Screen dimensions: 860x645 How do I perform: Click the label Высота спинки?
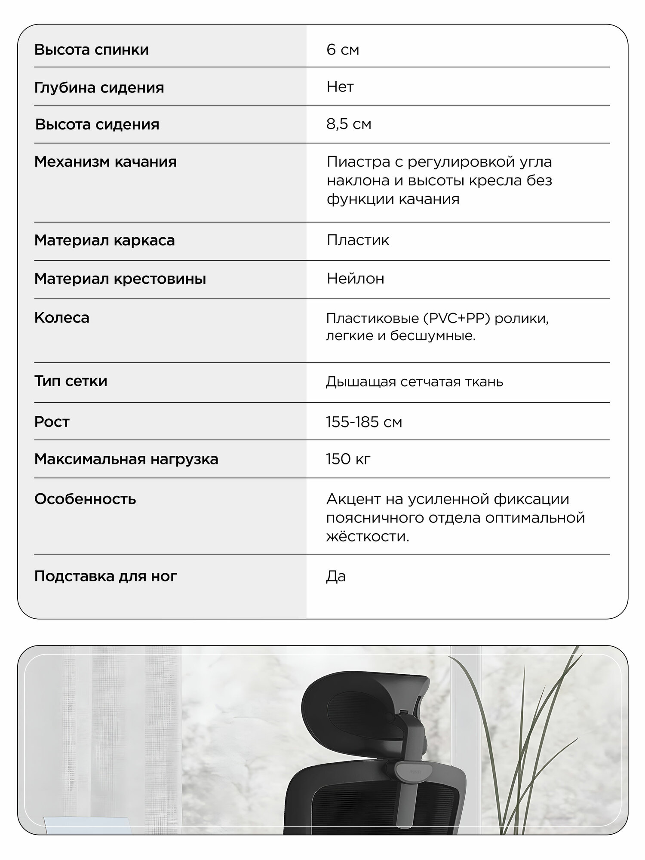tap(92, 50)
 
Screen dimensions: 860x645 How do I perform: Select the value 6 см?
tap(343, 50)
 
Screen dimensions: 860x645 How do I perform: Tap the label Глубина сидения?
tap(99, 88)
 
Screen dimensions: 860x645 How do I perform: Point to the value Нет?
tap(340, 87)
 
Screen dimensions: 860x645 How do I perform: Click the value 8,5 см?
tap(349, 124)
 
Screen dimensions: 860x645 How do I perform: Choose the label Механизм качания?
tap(105, 162)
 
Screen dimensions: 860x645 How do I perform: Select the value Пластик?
tap(358, 240)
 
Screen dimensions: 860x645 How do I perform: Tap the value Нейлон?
tap(355, 279)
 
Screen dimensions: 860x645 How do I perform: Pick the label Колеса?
tap(62, 318)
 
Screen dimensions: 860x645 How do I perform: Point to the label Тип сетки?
tap(71, 381)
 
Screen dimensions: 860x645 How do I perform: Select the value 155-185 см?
tap(364, 422)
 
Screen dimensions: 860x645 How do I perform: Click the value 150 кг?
tap(348, 459)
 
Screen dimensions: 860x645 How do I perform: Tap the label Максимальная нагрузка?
tap(126, 459)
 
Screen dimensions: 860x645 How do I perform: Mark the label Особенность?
tap(85, 499)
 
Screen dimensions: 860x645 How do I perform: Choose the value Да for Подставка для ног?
tap(336, 576)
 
